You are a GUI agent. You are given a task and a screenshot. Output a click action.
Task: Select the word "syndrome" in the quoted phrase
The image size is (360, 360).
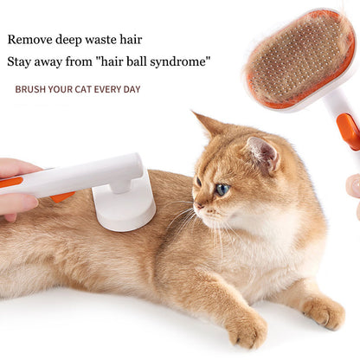[x=178, y=62]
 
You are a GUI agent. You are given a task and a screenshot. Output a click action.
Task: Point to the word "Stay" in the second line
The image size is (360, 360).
[x=22, y=62]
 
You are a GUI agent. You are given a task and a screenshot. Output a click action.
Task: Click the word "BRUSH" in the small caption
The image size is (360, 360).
[x=30, y=89]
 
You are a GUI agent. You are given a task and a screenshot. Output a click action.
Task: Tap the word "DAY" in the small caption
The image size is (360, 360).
[x=130, y=89]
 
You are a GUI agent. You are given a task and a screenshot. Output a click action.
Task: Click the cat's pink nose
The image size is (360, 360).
[x=196, y=208]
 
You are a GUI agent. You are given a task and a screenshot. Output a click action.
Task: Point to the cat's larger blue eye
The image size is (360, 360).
[x=222, y=189]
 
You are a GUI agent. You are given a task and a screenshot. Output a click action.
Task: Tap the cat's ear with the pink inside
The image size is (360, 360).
[x=262, y=153]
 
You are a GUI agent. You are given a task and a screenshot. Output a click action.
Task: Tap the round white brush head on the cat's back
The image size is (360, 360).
[x=125, y=208]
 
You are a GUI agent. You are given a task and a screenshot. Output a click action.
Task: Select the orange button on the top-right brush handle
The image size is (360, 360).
[x=348, y=130]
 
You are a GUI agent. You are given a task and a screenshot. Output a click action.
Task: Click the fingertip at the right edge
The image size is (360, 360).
[x=353, y=185]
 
